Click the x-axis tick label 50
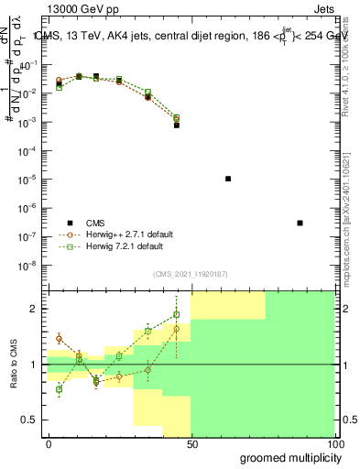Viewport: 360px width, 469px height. coord(191,443)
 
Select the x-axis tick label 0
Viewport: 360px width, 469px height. coord(49,443)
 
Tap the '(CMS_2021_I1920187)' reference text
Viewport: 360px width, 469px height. coord(191,273)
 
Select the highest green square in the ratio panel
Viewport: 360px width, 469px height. coord(176,315)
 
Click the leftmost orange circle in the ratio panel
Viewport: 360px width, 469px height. coord(59,338)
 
